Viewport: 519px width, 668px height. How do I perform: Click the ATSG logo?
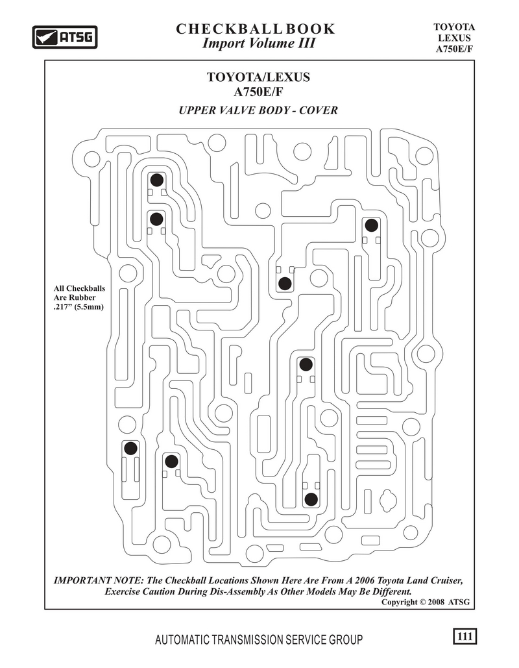pos(65,37)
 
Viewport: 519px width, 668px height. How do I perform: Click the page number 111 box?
pos(465,636)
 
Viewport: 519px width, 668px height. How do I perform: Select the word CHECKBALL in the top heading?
pos(229,29)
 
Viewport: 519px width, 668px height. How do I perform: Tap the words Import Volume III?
pos(258,43)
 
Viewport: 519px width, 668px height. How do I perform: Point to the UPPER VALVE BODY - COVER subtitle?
pos(258,110)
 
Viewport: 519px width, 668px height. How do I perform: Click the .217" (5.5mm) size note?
pos(78,306)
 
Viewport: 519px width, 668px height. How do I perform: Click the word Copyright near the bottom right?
pos(400,602)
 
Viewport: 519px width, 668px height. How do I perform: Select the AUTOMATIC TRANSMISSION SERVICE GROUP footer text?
pos(259,639)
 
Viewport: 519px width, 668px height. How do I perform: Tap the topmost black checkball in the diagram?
pos(157,180)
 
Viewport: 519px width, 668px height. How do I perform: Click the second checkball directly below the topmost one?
pos(157,219)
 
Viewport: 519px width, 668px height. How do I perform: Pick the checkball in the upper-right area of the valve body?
pos(371,225)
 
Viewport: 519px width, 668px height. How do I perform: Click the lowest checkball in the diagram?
pos(311,499)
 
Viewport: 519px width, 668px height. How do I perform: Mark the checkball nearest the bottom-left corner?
pos(130,448)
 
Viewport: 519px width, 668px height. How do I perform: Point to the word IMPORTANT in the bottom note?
pos(82,580)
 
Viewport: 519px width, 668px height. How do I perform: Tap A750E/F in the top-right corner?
pos(454,49)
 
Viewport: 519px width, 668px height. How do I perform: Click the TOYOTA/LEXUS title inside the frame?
pos(258,77)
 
